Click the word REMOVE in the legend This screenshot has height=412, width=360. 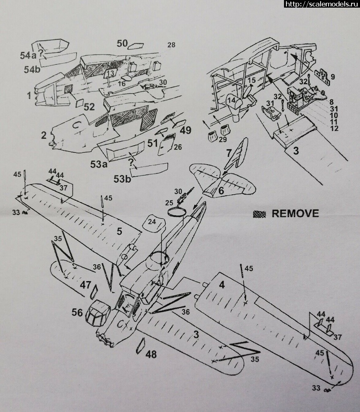295,213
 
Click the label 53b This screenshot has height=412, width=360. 122,179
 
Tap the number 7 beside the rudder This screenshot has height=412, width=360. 228,153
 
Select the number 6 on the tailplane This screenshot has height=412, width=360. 221,191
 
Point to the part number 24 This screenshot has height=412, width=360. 152,221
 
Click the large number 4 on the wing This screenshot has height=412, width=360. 221,284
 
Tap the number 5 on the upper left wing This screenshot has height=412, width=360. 119,231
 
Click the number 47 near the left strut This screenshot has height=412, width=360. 85,285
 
